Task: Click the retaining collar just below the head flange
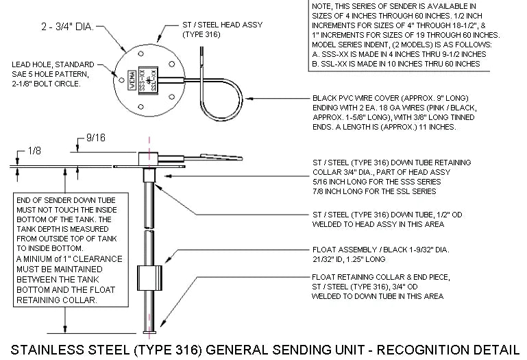point(149,176)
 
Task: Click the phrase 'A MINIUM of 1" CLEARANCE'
point(69,259)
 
